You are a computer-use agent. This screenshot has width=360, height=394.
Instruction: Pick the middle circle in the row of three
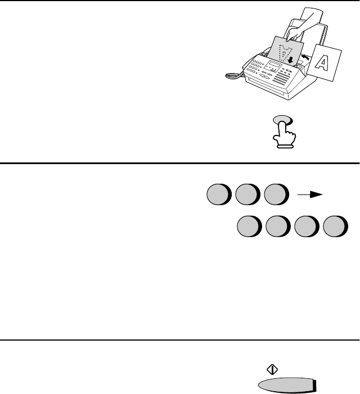click(x=247, y=194)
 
